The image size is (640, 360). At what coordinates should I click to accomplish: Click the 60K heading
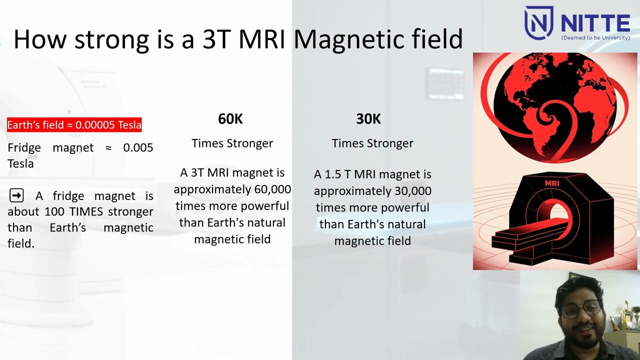tap(230, 119)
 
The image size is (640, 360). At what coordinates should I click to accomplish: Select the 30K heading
tap(368, 119)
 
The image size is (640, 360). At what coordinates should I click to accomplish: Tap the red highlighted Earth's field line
tap(74, 125)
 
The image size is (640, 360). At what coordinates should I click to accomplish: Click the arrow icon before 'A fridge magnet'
tap(16, 195)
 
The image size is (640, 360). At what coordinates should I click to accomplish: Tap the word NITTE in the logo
tap(595, 23)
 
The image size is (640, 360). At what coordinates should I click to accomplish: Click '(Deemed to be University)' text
tap(595, 37)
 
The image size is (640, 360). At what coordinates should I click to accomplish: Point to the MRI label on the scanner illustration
tap(552, 183)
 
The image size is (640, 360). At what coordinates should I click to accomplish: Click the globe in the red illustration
tap(555, 107)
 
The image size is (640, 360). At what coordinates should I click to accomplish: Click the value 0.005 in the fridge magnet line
tap(138, 147)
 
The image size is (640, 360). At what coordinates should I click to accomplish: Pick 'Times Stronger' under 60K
tap(232, 143)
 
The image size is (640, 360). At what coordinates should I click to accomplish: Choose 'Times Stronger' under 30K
tap(372, 143)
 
